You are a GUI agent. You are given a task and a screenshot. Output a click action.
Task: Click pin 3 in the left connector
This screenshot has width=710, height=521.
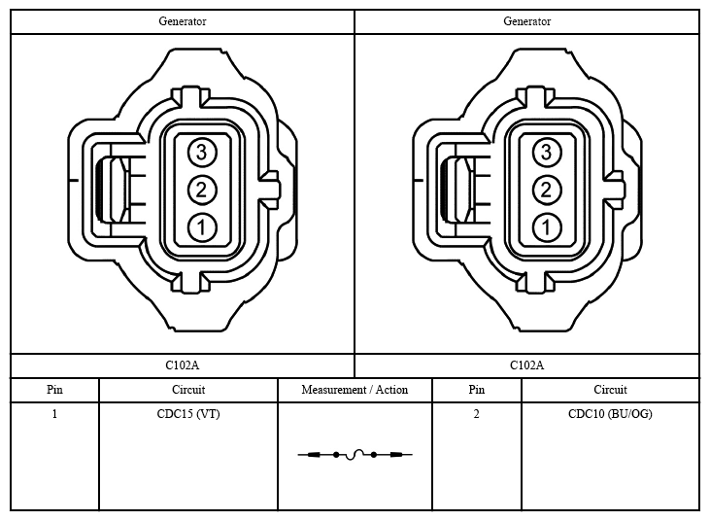click(202, 152)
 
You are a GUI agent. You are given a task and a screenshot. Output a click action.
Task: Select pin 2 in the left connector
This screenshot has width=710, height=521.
click(202, 190)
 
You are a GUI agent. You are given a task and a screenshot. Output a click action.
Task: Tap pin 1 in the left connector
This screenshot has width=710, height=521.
click(202, 227)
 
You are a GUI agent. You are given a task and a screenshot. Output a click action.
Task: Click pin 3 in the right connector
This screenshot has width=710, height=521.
click(547, 152)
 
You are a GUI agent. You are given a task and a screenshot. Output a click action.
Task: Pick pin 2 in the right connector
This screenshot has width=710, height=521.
click(547, 190)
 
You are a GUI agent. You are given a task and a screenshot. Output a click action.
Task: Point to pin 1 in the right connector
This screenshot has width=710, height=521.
click(547, 227)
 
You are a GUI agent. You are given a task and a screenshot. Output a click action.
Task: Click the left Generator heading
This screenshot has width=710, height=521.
click(183, 21)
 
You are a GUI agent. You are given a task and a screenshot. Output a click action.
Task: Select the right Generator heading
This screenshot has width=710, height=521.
click(527, 21)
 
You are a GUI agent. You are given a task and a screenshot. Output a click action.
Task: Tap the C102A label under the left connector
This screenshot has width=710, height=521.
click(182, 365)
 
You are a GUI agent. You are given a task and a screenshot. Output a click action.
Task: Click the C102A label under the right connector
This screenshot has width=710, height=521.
click(527, 365)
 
